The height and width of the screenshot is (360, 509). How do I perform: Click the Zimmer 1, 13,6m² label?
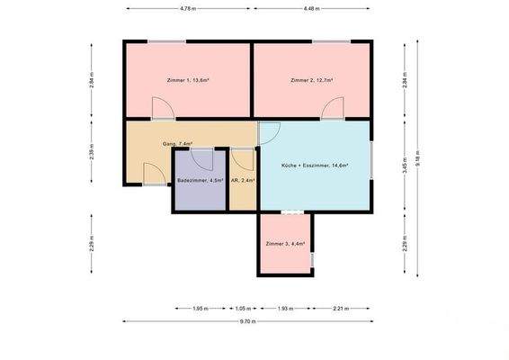tap(188, 81)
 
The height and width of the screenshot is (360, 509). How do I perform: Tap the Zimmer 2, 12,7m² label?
tap(312, 81)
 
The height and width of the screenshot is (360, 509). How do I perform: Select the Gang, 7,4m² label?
tap(177, 143)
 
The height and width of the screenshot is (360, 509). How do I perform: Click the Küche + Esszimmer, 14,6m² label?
tap(315, 166)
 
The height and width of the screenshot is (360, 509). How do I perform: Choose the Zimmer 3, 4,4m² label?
tap(285, 244)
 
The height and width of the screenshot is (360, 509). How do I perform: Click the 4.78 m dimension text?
tap(187, 9)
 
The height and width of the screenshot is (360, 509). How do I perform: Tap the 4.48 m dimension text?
tap(311, 9)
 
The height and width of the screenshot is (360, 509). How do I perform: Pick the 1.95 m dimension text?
tap(200, 308)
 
